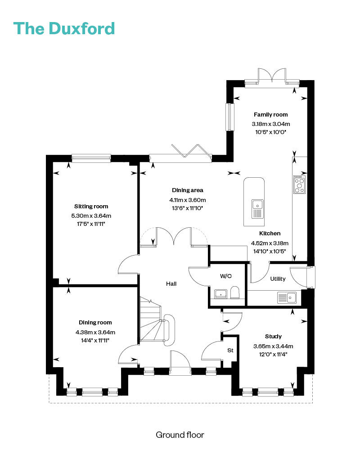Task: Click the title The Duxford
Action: (64, 29)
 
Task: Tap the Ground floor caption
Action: (180, 435)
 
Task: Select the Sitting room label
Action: (91, 206)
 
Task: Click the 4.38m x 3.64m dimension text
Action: (95, 333)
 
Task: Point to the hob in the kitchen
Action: (299, 184)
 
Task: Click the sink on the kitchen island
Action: (257, 209)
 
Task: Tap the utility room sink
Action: (287, 297)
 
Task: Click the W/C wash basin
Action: (220, 293)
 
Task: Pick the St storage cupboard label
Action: (230, 350)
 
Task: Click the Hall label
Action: (171, 283)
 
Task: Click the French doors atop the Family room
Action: (272, 77)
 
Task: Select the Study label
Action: (273, 336)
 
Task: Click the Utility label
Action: (278, 279)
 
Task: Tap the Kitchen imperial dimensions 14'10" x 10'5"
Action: (270, 251)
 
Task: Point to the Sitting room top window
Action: (91, 158)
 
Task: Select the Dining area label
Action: (188, 190)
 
